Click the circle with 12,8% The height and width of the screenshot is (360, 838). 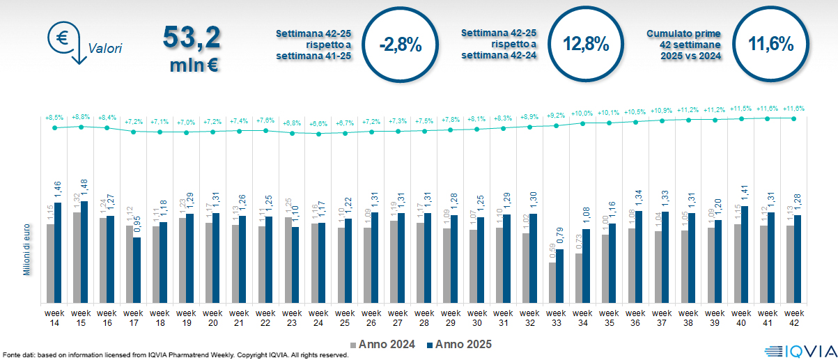coord(586,45)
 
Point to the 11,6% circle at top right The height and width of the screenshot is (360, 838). coord(771,45)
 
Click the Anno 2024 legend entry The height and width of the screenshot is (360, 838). coord(385,344)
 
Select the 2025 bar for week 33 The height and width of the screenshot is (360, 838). coord(559,276)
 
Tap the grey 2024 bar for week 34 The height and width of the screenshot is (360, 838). coord(578,278)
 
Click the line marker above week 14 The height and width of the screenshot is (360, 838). coord(54,127)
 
